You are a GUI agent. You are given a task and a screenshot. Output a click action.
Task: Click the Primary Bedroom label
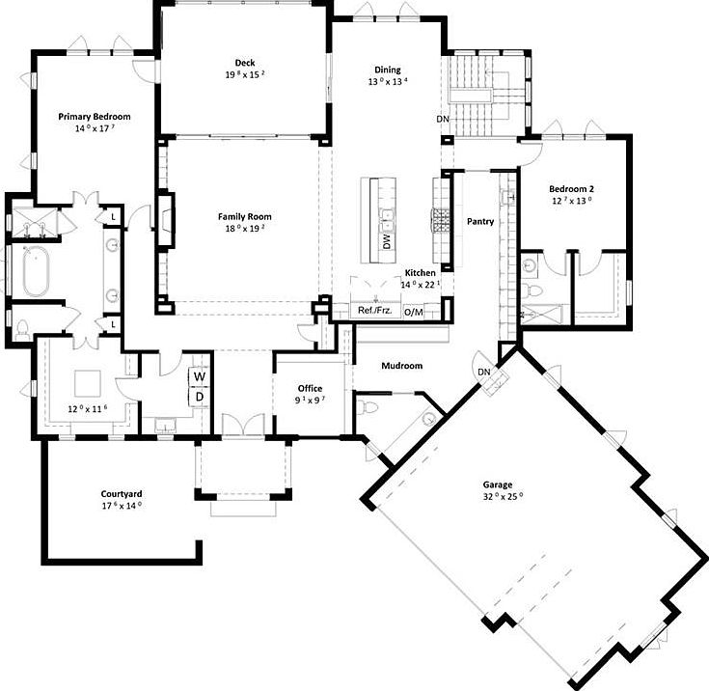click(95, 117)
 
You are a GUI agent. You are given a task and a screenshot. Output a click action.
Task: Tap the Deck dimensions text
click(245, 74)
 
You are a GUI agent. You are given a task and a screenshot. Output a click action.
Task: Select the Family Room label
click(245, 217)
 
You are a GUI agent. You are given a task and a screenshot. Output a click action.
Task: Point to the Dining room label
click(388, 69)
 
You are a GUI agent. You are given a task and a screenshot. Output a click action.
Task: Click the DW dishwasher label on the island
click(387, 241)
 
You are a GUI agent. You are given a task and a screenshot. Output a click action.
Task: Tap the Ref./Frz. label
click(375, 311)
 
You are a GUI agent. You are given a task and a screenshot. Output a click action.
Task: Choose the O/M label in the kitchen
click(413, 312)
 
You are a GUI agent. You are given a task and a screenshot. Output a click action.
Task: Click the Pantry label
click(480, 221)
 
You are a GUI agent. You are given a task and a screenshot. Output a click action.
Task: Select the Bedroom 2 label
click(571, 189)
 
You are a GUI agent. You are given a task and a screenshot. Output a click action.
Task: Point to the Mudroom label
click(402, 366)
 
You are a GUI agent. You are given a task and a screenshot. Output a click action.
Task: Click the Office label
click(311, 388)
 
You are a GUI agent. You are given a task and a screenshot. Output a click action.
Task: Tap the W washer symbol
click(200, 376)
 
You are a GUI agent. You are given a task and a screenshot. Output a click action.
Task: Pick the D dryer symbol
click(200, 397)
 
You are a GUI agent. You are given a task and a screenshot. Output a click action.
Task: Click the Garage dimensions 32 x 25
click(503, 496)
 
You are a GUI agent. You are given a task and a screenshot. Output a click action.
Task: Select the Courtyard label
click(122, 494)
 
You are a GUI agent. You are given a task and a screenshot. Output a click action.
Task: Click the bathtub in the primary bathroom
click(36, 271)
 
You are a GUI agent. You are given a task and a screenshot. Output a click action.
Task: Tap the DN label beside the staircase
click(443, 119)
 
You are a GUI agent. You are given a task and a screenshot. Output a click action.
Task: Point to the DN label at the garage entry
click(484, 372)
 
